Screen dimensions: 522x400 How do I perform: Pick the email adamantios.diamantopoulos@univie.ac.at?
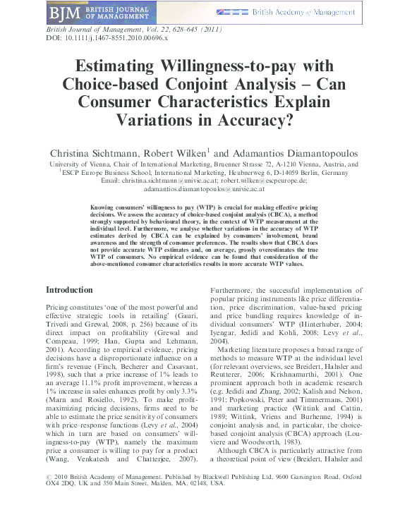click(203, 189)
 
